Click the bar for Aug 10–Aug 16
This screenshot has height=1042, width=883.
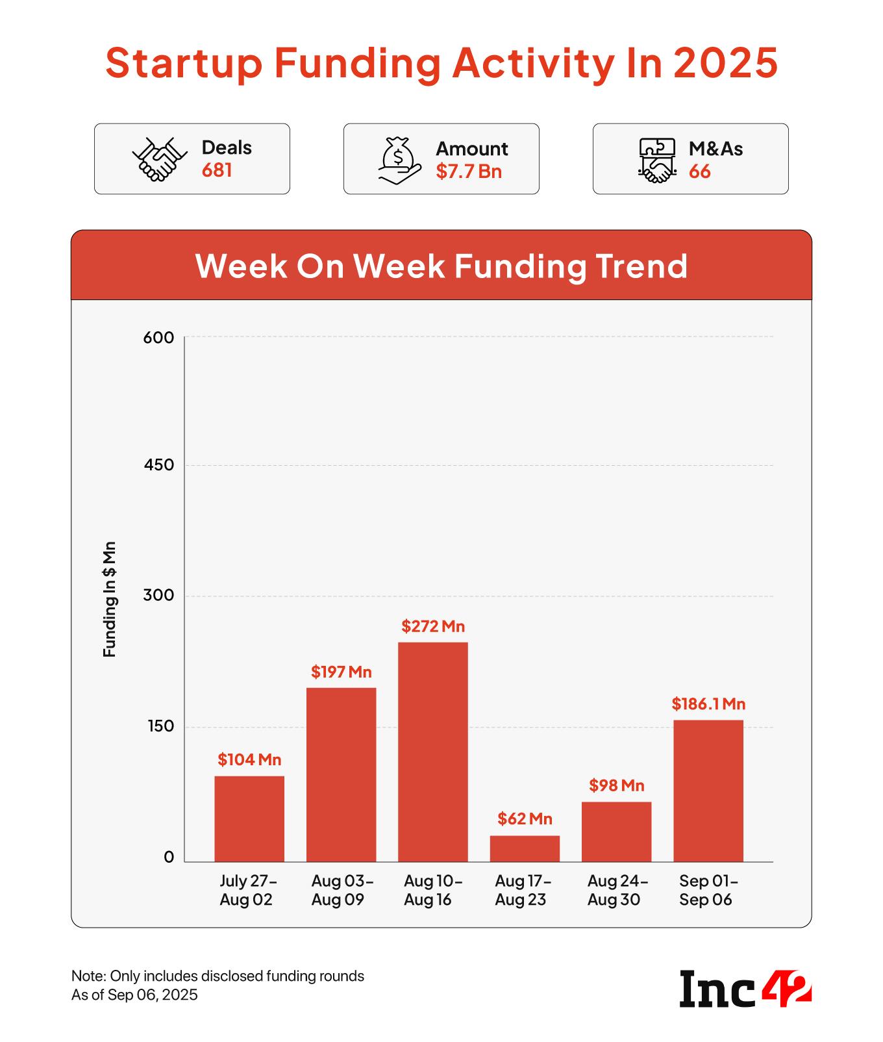coord(432,752)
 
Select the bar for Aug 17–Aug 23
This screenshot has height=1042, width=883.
coord(525,848)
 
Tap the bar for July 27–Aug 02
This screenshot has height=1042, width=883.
coord(249,819)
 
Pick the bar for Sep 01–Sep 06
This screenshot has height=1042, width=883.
coord(708,791)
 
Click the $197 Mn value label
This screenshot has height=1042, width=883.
coord(341,672)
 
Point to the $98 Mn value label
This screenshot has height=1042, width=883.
coord(616,785)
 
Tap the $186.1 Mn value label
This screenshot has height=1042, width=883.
coord(708,704)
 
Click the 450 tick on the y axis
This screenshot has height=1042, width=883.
coord(159,465)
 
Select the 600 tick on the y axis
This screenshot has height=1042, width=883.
coord(159,338)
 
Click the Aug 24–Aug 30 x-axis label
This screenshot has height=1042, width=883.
coord(617,890)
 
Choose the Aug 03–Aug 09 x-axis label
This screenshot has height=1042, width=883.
coord(341,890)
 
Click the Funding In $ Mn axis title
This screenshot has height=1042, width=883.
coord(110,599)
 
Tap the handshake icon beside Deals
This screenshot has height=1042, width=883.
coord(159,159)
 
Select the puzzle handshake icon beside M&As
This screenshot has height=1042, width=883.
coord(657,160)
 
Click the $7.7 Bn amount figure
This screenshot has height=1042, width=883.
coord(469,172)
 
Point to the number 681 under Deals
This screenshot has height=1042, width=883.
coord(217,170)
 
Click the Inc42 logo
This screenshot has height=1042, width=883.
coord(745,989)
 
